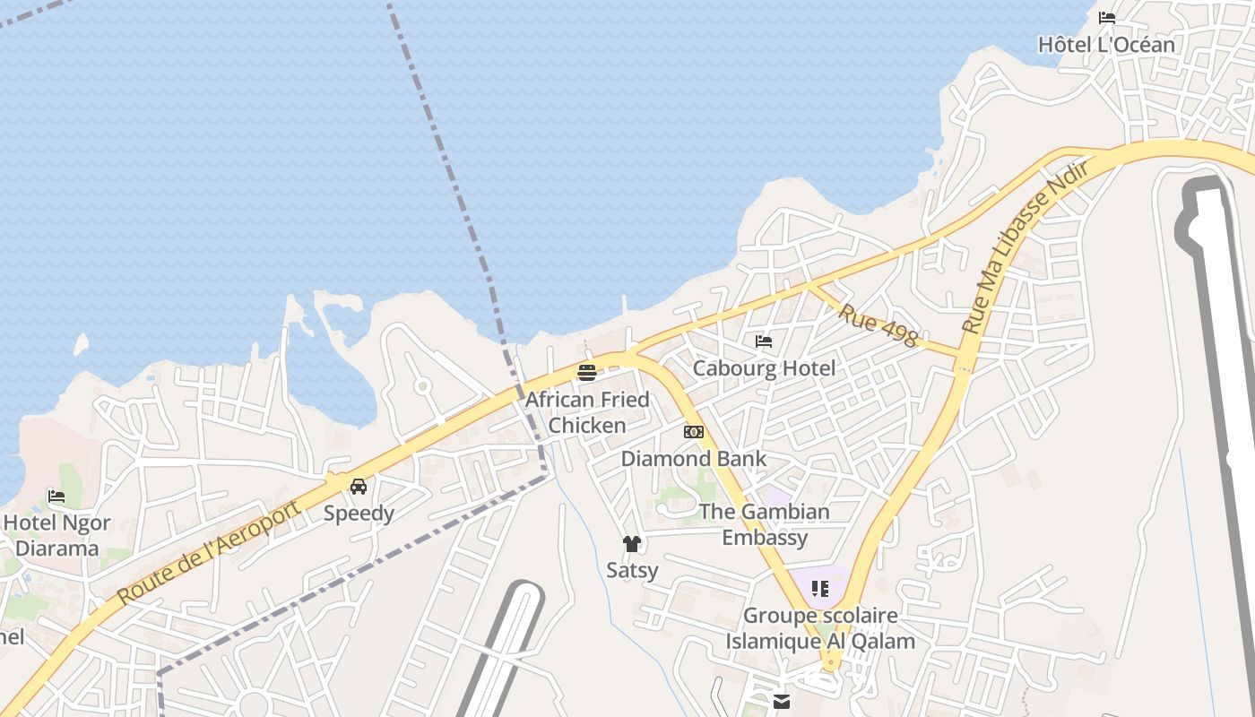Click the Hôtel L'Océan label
[x=1106, y=44]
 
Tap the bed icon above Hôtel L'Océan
[x=1107, y=18]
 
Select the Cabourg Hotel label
[x=764, y=368]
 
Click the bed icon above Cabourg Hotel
[x=764, y=341]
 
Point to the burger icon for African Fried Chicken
[x=587, y=372]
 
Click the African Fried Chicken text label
[x=587, y=412]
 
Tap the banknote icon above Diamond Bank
[x=694, y=432]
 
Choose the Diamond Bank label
[x=694, y=459]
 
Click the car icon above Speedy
[x=359, y=487]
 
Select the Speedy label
[x=359, y=514]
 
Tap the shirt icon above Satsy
[x=632, y=544]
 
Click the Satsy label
[x=632, y=570]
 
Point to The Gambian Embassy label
[x=765, y=524]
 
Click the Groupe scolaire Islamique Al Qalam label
[x=820, y=628]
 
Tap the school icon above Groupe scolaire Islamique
[x=820, y=589]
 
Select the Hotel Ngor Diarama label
[x=57, y=535]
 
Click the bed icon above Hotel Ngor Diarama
[x=56, y=496]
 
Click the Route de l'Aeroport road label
[x=208, y=552]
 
